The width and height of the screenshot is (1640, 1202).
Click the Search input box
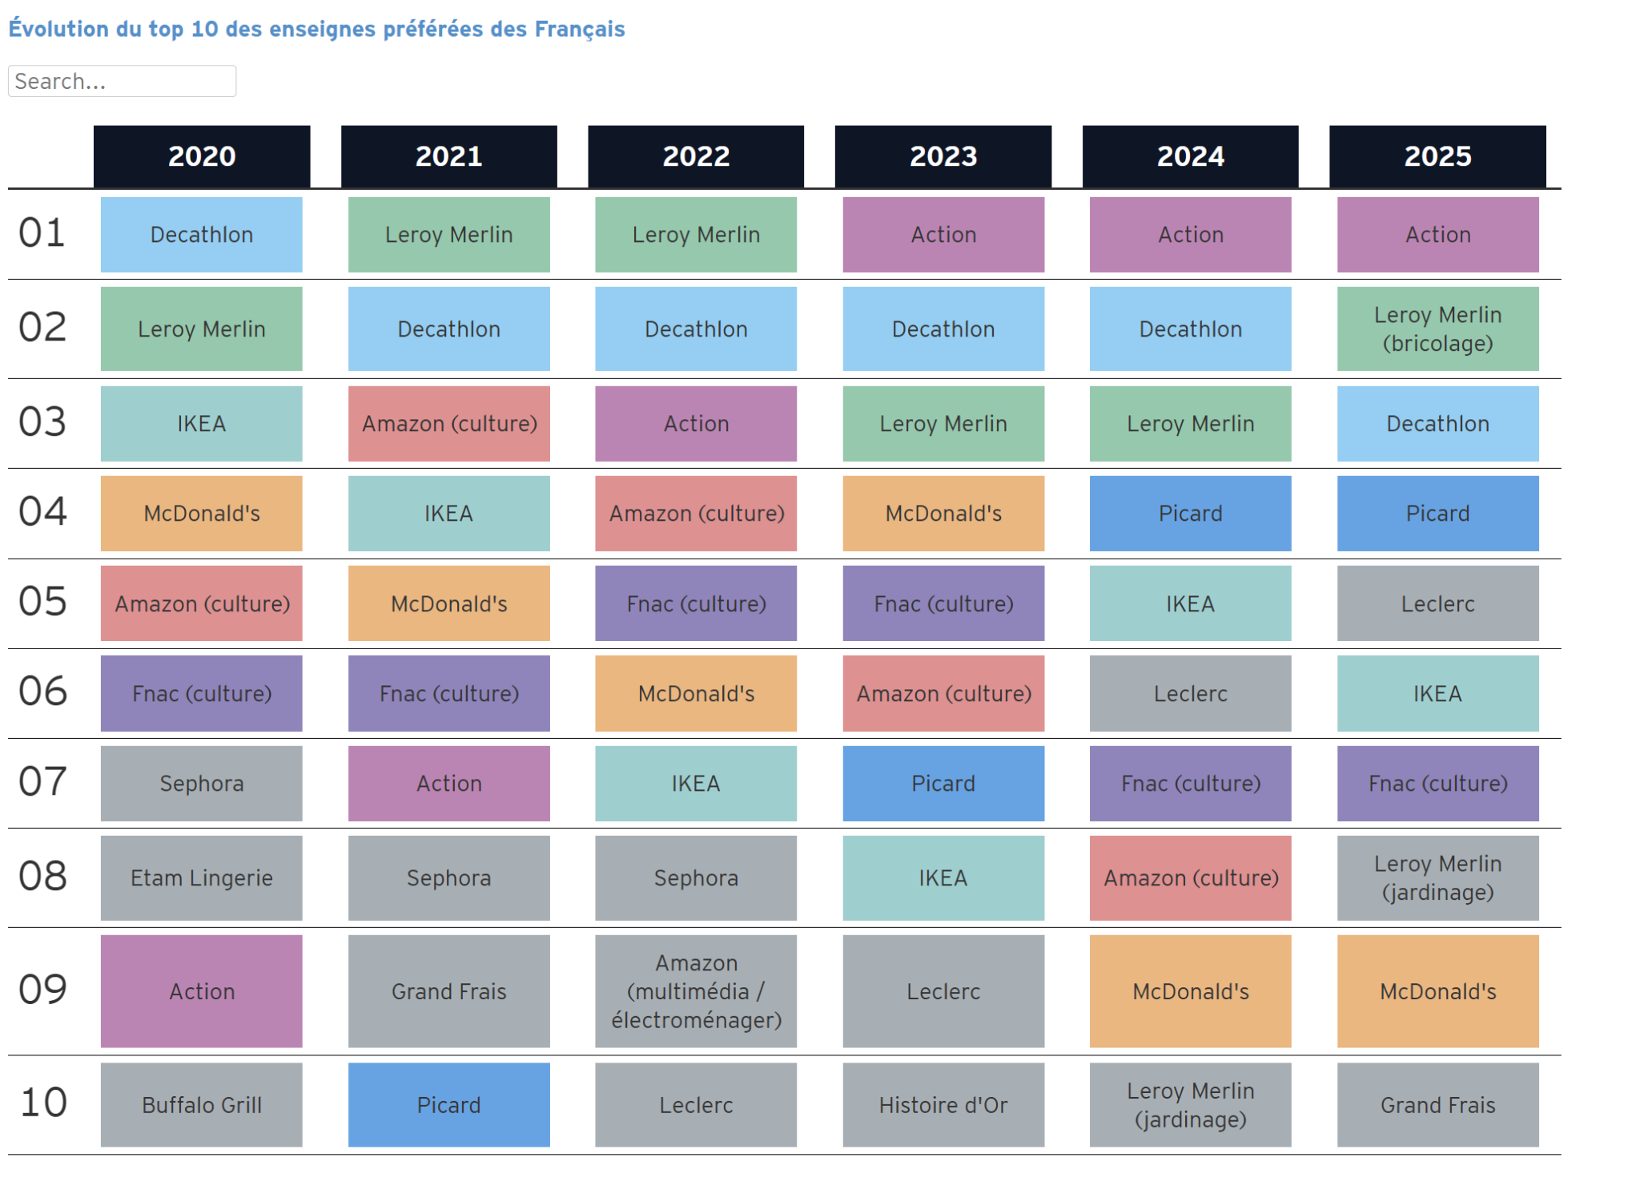122,81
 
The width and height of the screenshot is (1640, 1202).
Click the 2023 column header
943,155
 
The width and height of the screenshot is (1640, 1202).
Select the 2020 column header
202,155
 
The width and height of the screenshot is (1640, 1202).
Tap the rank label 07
43,781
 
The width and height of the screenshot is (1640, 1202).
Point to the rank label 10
43,1103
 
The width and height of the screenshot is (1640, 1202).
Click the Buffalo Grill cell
202,1104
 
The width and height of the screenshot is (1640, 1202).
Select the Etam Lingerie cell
202,877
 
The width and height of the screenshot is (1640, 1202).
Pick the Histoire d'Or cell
943,1104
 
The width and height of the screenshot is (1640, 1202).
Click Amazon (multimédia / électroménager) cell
696,990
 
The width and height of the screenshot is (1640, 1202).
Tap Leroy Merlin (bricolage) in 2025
1437,329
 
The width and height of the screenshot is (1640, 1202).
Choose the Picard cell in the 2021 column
448,1104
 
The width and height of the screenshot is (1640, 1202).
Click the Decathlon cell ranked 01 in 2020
202,234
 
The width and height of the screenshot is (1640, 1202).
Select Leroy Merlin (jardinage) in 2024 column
1190,1104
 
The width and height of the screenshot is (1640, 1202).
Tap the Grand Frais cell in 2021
448,990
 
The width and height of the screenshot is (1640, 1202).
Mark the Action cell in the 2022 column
696,423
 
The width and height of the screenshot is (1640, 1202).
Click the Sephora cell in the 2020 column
202,783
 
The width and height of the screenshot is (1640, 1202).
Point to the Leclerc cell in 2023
943,990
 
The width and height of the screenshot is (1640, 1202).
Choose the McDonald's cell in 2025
1437,990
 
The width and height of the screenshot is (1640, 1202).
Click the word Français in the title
580,29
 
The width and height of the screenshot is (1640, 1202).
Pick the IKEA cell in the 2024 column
1190,603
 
